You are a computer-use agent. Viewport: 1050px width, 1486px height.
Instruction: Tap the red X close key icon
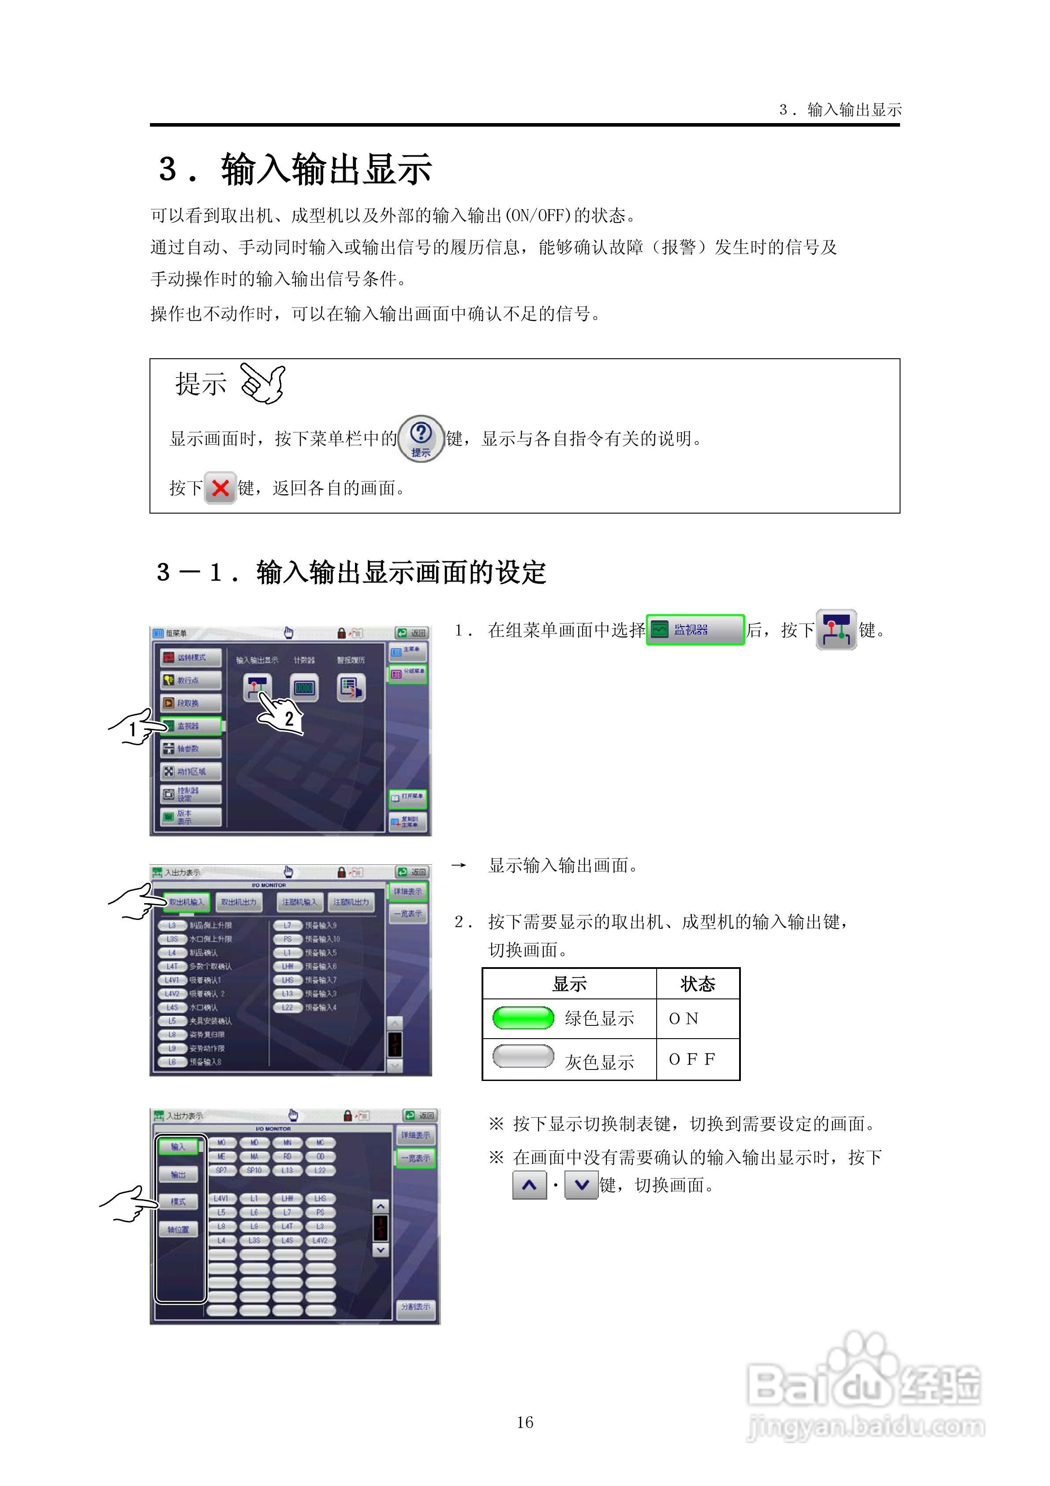[x=220, y=488]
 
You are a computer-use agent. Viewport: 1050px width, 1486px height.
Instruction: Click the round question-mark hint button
[x=421, y=438]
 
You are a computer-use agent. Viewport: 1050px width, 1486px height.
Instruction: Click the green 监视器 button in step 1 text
[x=695, y=630]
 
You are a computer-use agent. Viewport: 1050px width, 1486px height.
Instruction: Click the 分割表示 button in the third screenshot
[x=415, y=1306]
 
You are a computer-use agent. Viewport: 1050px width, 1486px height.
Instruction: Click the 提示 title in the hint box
[x=201, y=384]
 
